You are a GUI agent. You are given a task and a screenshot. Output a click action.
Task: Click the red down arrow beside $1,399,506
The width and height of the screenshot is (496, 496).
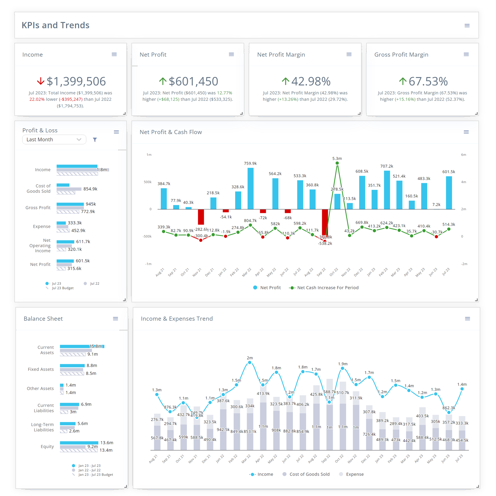(x=41, y=81)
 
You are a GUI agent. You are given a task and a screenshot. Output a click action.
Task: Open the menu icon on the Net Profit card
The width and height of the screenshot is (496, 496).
(x=231, y=55)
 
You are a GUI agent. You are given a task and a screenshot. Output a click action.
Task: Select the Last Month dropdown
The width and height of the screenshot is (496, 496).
(x=54, y=140)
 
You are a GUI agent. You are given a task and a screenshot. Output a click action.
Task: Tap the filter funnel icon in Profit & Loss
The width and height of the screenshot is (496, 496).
(x=95, y=140)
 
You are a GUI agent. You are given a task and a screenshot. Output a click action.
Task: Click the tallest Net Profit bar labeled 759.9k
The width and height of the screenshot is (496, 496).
(x=251, y=188)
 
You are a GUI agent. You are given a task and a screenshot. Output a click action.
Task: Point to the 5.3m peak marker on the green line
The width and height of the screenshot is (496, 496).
(x=337, y=163)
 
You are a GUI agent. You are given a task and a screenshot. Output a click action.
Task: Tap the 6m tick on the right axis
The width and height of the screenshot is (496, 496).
(x=464, y=155)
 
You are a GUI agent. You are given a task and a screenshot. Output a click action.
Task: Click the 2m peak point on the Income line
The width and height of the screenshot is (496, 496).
(x=250, y=363)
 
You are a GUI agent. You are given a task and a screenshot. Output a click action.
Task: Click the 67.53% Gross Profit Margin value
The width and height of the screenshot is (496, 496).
(x=428, y=81)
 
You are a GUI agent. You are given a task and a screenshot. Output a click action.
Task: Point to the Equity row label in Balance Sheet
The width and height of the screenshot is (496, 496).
(x=47, y=446)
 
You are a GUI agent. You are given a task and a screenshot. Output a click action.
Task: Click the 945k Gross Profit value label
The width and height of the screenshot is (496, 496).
(x=91, y=204)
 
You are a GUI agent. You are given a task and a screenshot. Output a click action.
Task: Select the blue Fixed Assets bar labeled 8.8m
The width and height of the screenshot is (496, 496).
(x=72, y=365)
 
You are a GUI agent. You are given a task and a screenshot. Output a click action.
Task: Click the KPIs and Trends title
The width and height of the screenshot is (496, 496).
(x=56, y=25)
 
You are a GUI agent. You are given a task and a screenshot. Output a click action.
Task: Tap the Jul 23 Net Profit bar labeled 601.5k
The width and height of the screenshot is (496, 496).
(x=449, y=193)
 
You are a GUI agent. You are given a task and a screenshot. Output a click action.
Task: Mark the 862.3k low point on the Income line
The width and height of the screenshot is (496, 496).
(x=449, y=412)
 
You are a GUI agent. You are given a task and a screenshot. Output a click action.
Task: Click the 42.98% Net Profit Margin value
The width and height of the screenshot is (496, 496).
(x=311, y=81)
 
